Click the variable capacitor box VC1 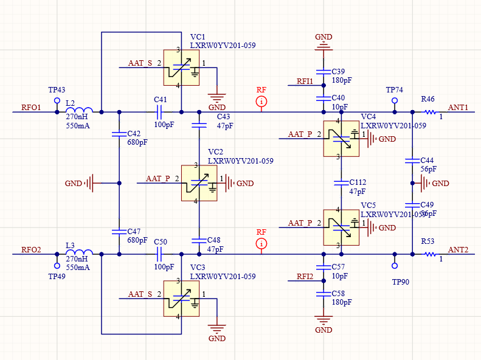(x=181, y=67)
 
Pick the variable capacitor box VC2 (x=199, y=183)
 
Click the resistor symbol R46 (x=430, y=112)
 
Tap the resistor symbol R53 (x=430, y=254)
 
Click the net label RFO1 (x=31, y=108)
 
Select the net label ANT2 (x=458, y=250)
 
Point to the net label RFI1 (x=305, y=81)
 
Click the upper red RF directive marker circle (x=261, y=101)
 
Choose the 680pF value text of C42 (x=137, y=142)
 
